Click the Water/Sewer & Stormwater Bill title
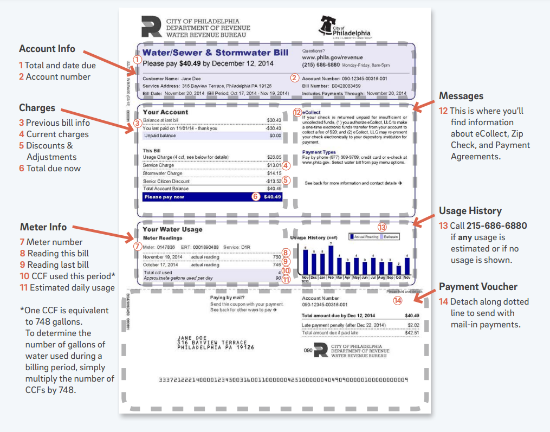[215, 53]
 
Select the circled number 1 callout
[138, 59]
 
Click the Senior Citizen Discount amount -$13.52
[273, 181]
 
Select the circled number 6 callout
[256, 197]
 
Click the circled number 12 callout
[296, 112]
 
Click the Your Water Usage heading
[172, 229]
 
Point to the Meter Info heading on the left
[43, 227]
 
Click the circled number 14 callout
[398, 300]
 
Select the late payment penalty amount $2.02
[413, 325]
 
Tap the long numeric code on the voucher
[283, 381]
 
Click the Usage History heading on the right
[470, 211]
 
